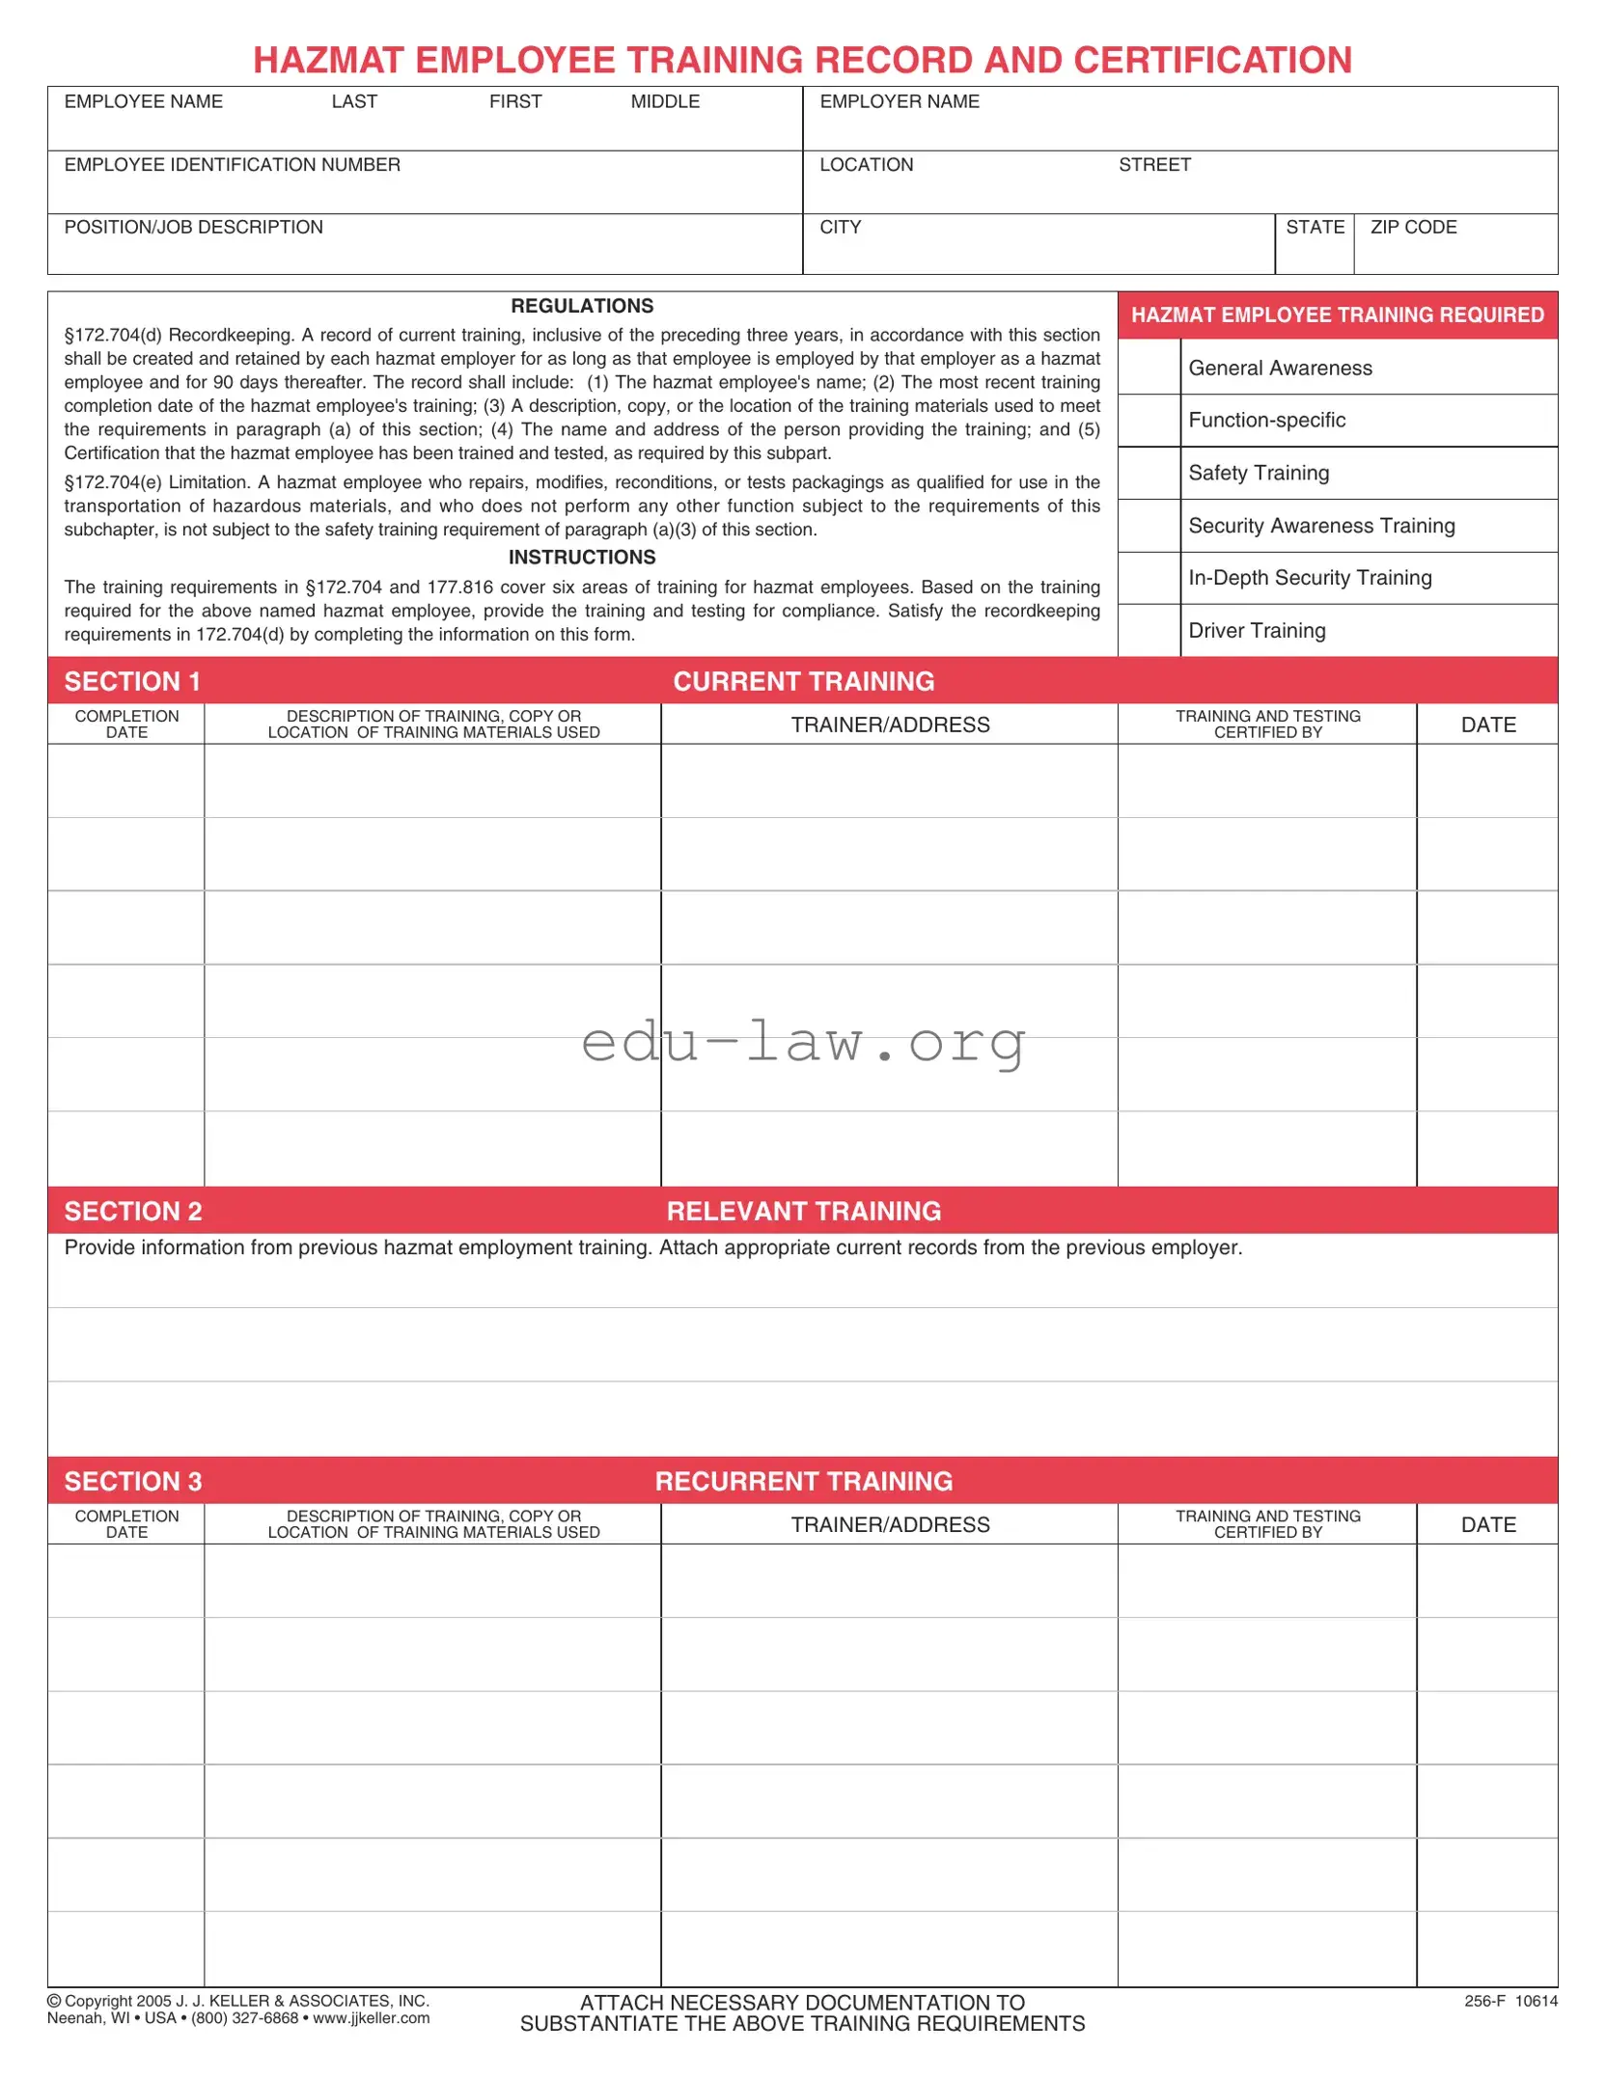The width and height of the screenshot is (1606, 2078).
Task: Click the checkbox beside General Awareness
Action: point(1149,367)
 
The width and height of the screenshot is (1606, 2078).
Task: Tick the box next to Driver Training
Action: point(1149,631)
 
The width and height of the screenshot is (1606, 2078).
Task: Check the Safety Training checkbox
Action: point(1149,473)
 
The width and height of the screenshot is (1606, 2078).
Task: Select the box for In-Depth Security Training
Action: point(1149,578)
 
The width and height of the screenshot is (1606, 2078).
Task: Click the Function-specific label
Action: point(1266,421)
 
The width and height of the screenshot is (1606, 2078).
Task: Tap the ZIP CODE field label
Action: point(1413,228)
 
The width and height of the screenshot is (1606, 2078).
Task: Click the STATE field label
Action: point(1315,228)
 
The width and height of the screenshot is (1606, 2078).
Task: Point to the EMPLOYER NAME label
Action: point(899,102)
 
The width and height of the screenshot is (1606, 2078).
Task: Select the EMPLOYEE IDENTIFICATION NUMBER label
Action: point(232,165)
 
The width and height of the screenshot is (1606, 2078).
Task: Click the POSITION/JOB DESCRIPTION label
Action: point(193,228)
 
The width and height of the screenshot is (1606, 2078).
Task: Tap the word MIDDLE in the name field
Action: point(665,102)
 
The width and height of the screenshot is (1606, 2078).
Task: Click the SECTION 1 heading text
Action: point(132,682)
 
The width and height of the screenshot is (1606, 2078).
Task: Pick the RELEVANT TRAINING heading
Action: point(803,1212)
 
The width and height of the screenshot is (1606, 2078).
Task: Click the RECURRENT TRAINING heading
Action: point(803,1482)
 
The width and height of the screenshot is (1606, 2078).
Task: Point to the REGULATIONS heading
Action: point(582,307)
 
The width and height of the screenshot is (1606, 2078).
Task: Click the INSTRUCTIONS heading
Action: point(582,558)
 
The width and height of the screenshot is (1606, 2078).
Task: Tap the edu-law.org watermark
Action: point(803,1043)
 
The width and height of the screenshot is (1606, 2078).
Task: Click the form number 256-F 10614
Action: point(1510,2001)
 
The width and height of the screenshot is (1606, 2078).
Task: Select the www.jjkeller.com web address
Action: point(372,2018)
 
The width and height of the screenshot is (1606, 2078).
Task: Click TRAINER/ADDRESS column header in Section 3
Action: point(890,1525)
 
